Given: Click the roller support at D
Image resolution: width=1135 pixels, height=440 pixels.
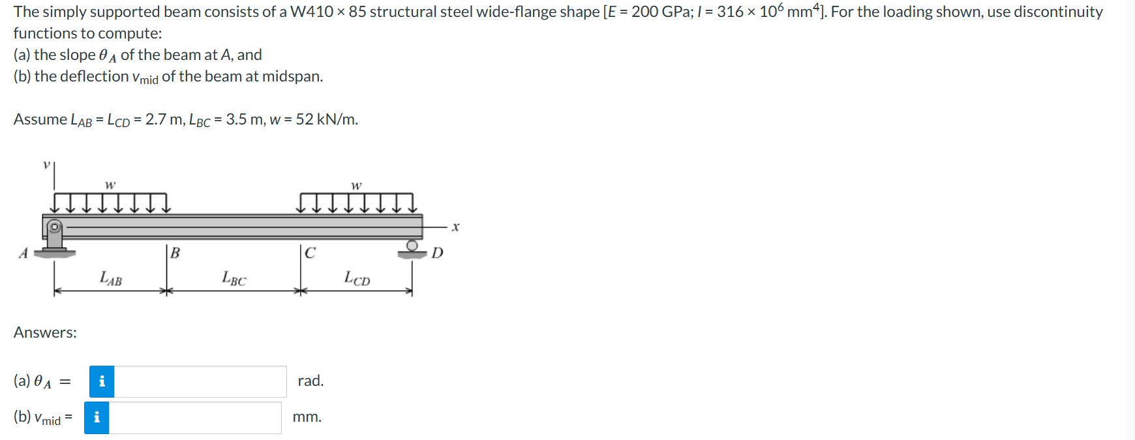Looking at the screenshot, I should pos(412,248).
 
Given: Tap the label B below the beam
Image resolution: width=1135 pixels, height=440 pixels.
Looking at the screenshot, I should pos(175,253).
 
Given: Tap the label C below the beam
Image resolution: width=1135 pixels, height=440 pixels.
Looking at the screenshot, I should pos(310,253).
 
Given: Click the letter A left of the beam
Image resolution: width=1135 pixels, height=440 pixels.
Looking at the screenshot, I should pos(23,254).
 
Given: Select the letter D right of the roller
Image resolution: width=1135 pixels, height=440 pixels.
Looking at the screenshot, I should pos(437,253).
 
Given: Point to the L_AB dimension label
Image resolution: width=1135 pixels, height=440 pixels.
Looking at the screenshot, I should pos(110,278).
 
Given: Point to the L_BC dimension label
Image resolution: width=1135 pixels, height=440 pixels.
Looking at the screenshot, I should pos(234,278).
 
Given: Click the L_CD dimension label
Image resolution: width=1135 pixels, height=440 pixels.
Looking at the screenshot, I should pos(356,278).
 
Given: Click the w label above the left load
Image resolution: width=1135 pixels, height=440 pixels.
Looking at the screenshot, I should pos(110,185).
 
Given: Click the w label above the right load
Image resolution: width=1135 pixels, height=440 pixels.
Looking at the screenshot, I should pos(356,186).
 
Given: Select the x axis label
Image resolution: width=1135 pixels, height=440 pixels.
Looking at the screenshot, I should pos(455,227).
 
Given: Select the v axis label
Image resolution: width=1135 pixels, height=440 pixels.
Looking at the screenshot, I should pos(46,165).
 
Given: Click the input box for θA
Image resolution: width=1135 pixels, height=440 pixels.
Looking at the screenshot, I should pos(200,381).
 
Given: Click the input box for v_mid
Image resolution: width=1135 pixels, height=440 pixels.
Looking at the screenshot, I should pos(194,418).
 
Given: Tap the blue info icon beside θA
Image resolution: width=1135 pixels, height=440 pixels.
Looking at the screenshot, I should pos(102,381).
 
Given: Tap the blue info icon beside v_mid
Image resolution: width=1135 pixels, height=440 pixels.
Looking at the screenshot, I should pos(97,418).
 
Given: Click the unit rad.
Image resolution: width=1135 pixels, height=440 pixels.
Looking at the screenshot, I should pos(310,381).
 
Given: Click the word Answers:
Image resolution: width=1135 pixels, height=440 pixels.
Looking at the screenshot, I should pos(45,332).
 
